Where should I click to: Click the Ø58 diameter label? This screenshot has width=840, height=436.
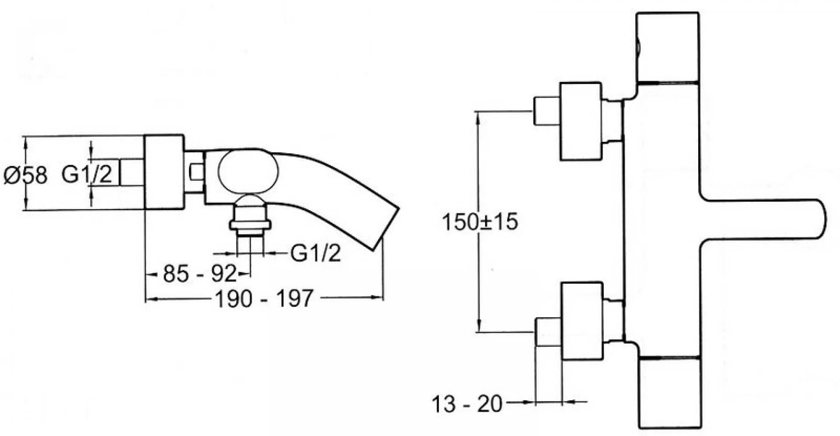pos(25,175)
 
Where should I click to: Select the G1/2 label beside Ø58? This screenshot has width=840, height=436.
pos(87,174)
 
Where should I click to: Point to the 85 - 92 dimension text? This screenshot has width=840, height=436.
pos(199,274)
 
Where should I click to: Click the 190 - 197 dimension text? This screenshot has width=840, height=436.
pos(264,299)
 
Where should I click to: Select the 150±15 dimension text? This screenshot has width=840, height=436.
pos(480,222)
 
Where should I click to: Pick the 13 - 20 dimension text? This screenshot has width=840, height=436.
pos(467,404)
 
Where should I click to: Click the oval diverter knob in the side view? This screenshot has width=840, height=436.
pos(248,172)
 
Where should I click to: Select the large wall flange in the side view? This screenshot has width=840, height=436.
pos(164,172)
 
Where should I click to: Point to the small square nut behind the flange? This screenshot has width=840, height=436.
pos(196,172)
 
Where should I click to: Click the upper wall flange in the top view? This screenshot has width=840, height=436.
pos(581,121)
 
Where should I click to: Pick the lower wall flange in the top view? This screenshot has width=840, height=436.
pos(582,321)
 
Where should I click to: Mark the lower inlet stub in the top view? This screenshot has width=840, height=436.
pos(548,332)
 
